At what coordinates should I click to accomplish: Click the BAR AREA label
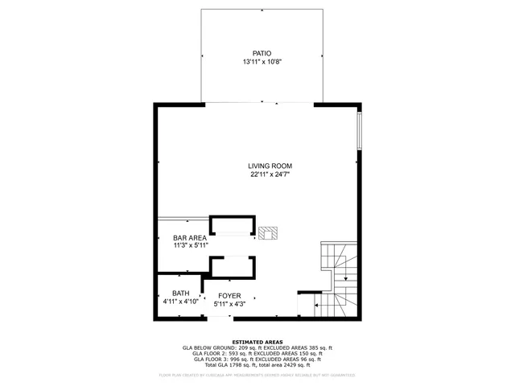(190, 238)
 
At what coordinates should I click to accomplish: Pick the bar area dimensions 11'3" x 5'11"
(190, 246)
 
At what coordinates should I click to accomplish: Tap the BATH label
(180, 294)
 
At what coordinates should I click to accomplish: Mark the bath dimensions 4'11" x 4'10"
(180, 302)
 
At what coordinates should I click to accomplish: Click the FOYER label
(229, 296)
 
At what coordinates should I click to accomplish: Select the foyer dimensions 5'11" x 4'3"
(229, 304)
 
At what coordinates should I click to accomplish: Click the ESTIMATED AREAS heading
(257, 342)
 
